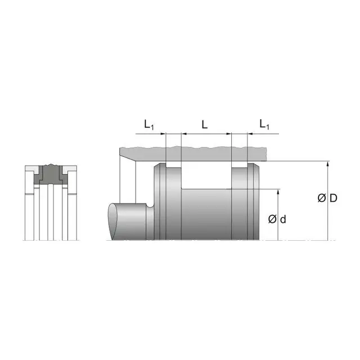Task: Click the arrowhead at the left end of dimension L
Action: pos(183,134)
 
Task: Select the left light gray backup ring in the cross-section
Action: pos(35,169)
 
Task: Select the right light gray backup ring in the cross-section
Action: pos(66,169)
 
